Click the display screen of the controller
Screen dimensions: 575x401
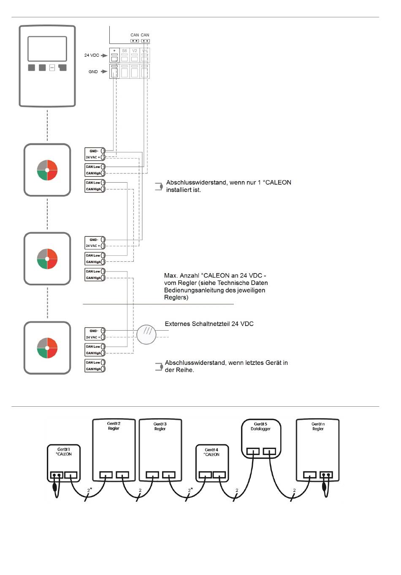47,49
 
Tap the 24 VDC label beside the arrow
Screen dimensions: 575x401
92,55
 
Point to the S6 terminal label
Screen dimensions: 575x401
125,51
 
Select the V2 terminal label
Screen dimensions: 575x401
135,51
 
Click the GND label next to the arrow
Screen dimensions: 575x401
93,72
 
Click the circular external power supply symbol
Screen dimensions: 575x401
146,334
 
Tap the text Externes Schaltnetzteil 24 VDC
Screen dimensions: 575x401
209,324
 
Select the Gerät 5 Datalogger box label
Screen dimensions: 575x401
260,426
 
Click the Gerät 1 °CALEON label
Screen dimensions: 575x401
63,452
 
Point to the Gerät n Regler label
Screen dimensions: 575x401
318,426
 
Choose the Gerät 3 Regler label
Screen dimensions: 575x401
160,426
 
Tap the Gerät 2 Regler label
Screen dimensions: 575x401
114,426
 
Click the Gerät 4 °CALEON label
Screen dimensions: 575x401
211,452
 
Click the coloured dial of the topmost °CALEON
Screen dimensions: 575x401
47,170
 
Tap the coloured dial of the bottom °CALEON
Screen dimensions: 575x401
47,348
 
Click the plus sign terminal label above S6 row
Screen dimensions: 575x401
114,51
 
